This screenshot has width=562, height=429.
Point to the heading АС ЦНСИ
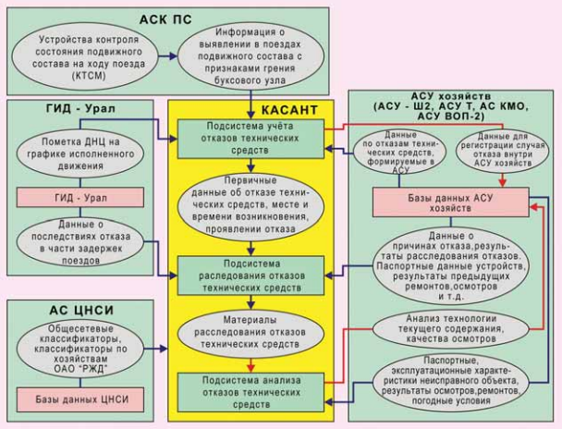(80, 310)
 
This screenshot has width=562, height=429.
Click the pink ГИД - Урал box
(80, 197)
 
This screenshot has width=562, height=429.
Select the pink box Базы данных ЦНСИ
(80, 399)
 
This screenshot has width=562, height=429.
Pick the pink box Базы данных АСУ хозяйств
(450, 202)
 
